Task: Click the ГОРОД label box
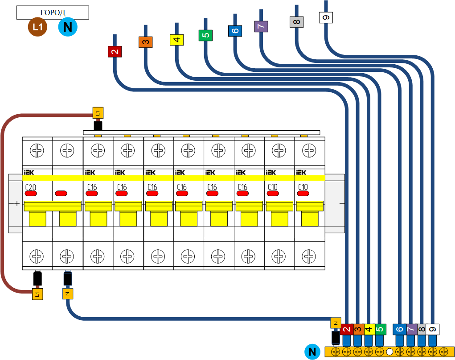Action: (53, 12)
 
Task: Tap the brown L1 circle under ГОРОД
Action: (38, 27)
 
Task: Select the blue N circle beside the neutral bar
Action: (312, 352)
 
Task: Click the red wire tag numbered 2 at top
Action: (115, 51)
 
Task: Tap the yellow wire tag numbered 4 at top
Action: (176, 40)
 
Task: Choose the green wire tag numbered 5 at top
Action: (205, 35)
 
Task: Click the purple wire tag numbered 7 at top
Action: (261, 26)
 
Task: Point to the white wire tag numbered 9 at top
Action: (326, 17)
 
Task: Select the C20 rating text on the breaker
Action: (31, 187)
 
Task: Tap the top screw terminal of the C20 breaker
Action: (37, 150)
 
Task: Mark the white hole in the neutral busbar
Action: (389, 352)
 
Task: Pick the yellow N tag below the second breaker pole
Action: (68, 294)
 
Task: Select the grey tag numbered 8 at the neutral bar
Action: (421, 329)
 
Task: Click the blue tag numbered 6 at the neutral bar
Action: (399, 329)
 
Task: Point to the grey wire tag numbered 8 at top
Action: (296, 21)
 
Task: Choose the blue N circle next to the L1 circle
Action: (68, 27)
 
